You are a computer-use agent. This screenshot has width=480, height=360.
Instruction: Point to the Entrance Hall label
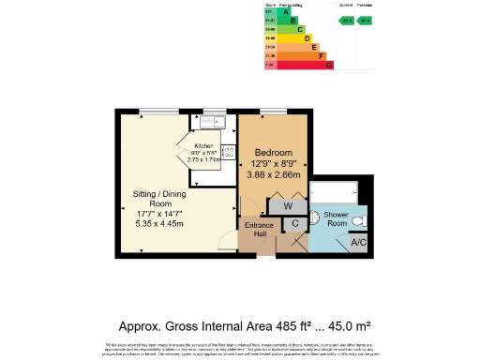(258, 230)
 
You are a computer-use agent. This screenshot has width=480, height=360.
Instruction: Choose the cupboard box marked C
(294, 223)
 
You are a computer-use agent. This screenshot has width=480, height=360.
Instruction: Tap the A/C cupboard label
(357, 243)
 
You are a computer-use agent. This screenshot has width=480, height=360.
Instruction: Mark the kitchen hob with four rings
(226, 152)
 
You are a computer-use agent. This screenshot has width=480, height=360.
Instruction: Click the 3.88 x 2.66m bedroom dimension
(273, 175)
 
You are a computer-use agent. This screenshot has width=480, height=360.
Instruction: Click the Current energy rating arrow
(346, 20)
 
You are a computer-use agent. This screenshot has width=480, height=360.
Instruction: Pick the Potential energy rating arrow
(366, 20)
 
